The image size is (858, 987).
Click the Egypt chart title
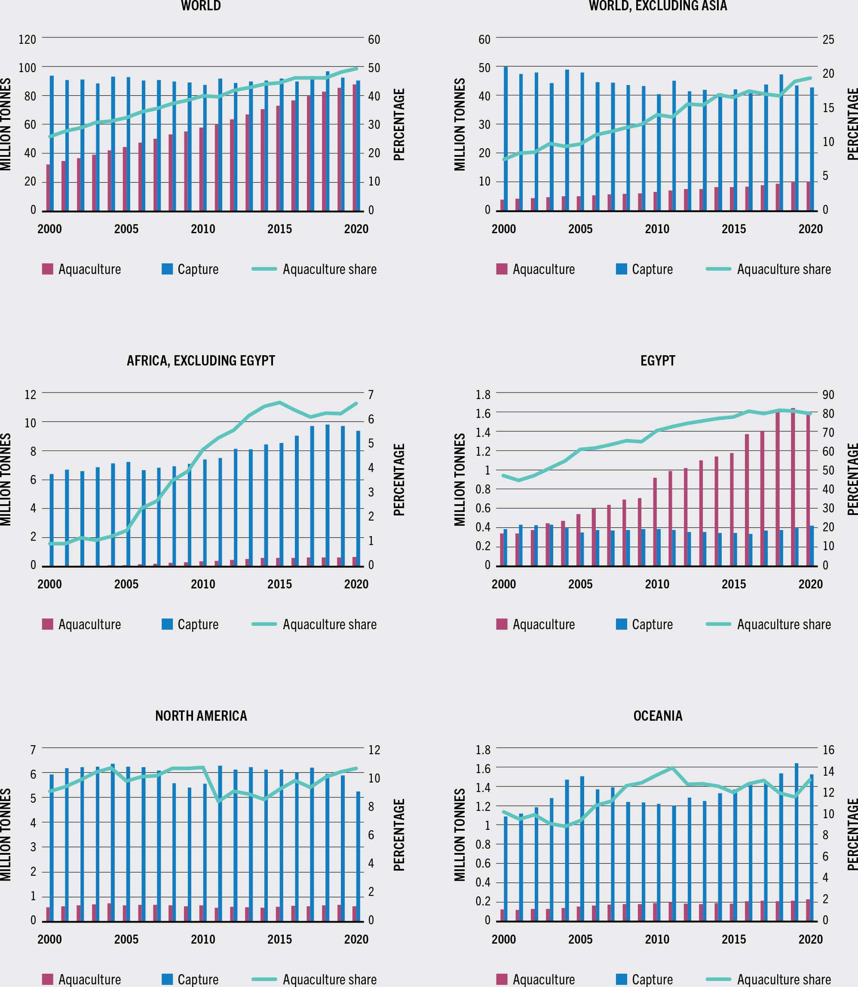click(657, 361)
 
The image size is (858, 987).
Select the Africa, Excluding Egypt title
click(201, 361)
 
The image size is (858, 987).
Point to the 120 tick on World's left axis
click(27, 39)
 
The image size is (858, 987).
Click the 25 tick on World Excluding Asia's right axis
click(828, 39)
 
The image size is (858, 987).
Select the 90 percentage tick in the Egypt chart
click(828, 395)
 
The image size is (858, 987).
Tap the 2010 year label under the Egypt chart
click(656, 584)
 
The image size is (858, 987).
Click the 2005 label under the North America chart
click(126, 939)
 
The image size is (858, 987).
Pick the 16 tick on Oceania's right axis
click(828, 749)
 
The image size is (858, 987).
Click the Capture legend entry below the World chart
click(190, 269)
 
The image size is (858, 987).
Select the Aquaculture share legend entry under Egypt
click(769, 624)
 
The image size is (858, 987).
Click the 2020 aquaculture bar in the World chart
click(354, 147)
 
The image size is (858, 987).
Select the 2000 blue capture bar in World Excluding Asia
click(506, 139)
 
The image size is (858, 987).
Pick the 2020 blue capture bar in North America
click(358, 856)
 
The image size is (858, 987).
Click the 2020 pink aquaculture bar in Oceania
click(808, 910)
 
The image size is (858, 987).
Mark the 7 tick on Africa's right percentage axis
click(371, 395)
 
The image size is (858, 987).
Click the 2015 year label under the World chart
click(279, 229)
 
